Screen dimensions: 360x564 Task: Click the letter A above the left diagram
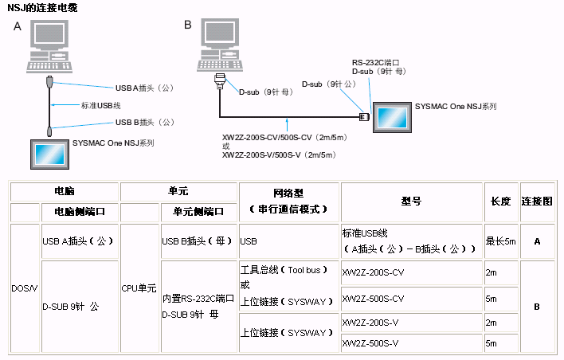click(18, 26)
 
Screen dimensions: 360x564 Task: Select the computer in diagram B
click(222, 45)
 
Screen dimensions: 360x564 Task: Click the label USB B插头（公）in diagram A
click(143, 122)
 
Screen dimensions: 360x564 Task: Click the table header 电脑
click(64, 192)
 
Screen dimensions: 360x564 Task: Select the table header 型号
click(412, 202)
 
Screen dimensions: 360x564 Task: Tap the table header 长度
click(500, 202)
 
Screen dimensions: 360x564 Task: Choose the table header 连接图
click(537, 202)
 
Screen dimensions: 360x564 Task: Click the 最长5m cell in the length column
click(500, 241)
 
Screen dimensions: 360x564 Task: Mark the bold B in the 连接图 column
click(537, 306)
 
